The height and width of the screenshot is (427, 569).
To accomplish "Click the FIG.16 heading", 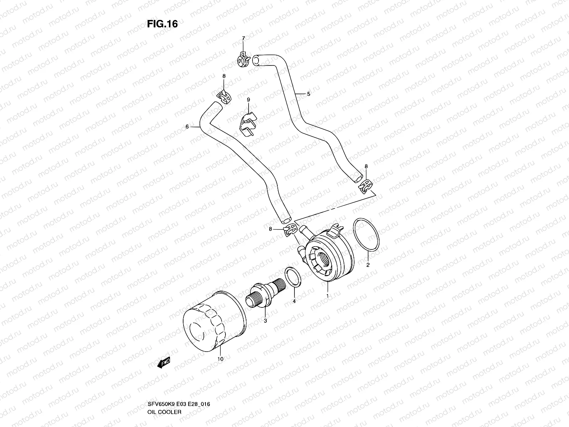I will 162,24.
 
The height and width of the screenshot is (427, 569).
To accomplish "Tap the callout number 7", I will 243,38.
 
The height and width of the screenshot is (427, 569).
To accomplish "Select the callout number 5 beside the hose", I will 308,94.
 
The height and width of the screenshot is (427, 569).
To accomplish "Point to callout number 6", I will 187,126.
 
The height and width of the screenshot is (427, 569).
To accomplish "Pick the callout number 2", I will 368,265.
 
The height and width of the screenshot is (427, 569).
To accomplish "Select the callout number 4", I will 294,301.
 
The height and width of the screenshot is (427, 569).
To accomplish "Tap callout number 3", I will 265,321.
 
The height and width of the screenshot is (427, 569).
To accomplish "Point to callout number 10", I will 220,359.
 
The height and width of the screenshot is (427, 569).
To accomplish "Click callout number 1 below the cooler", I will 327,295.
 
